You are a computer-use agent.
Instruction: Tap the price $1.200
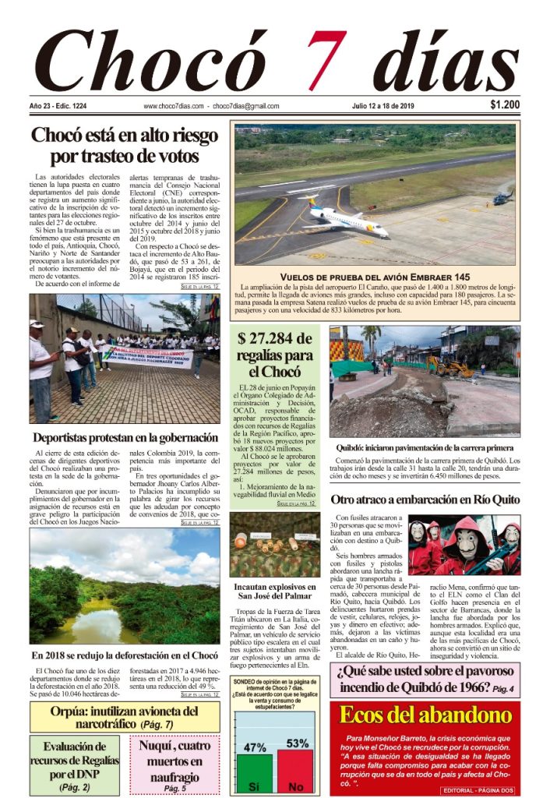click(x=506, y=105)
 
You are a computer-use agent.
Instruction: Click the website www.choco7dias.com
click(x=174, y=106)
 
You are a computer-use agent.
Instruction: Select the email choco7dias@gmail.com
click(x=245, y=106)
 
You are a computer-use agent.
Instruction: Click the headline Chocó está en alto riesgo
click(x=124, y=135)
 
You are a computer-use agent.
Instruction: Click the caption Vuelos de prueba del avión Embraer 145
click(x=375, y=277)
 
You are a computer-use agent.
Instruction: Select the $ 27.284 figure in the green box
click(x=278, y=338)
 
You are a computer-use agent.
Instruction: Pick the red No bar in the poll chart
click(x=296, y=771)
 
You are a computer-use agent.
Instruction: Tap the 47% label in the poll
click(x=255, y=747)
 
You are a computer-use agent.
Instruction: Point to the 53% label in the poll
click(x=297, y=743)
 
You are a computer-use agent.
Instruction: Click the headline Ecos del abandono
click(x=425, y=715)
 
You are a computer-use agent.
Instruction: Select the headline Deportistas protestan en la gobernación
click(x=125, y=437)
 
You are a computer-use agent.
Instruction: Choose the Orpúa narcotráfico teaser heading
click(x=125, y=717)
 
